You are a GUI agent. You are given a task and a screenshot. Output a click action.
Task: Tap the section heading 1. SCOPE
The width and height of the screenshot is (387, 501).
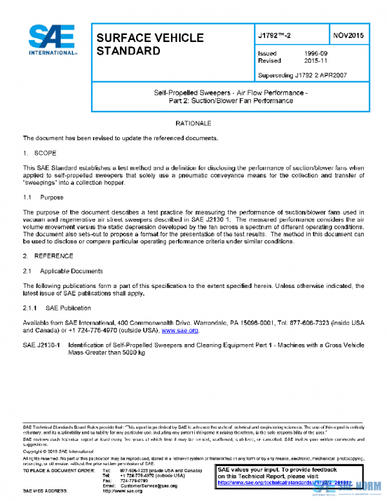pyautogui.click(x=40, y=153)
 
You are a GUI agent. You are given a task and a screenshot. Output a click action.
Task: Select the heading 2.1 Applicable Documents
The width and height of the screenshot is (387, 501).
pyautogui.click(x=63, y=271)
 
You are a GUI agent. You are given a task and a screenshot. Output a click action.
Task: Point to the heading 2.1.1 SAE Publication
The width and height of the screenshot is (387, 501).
pyautogui.click(x=59, y=308)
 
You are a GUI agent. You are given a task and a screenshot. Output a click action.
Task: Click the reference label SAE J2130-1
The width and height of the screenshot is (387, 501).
pyautogui.click(x=41, y=345)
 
